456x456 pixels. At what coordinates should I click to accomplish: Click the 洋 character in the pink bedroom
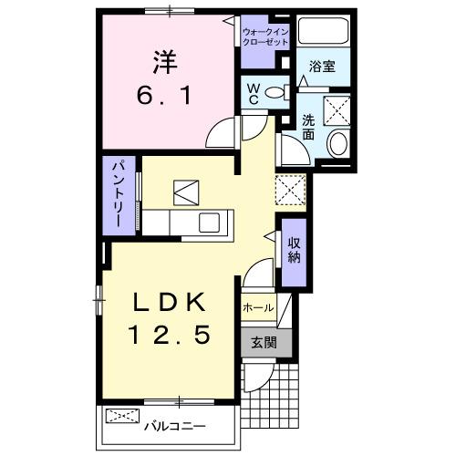tap(165, 62)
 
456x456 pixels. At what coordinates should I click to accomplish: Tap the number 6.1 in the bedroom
tap(165, 95)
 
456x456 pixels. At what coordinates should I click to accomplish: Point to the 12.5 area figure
tap(173, 336)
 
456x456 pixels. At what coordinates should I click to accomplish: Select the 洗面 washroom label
tap(308, 125)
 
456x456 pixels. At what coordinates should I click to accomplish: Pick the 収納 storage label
tap(295, 248)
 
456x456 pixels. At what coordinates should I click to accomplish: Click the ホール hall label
tap(257, 308)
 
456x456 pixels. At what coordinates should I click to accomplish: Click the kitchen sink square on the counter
tap(211, 222)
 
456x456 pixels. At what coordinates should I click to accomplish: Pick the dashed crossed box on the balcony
tap(122, 419)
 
